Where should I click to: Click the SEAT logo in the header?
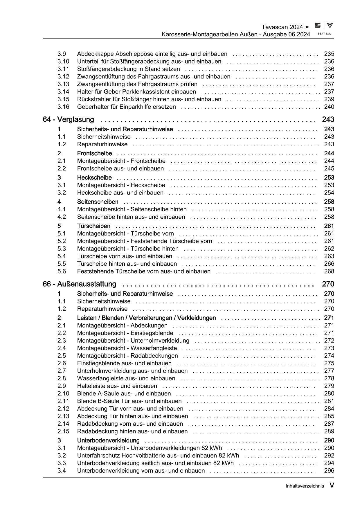[x=318, y=26]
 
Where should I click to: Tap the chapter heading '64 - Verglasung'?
[x=68, y=119]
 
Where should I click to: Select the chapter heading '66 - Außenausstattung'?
[x=79, y=284]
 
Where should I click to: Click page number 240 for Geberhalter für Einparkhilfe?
[x=329, y=107]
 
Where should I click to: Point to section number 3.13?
[x=63, y=84]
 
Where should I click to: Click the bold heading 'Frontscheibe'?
[x=94, y=153]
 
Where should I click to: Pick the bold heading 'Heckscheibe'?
[x=94, y=177]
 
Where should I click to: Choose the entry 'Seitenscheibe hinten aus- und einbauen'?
[x=131, y=217]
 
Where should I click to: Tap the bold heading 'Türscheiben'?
[x=93, y=226]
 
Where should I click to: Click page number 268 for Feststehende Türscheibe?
[x=329, y=271]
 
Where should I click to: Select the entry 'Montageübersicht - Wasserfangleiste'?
[x=127, y=348]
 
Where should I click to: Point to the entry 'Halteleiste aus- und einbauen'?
[x=117, y=386]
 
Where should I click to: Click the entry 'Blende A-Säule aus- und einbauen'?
[x=124, y=393]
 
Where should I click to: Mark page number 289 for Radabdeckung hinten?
[x=329, y=431]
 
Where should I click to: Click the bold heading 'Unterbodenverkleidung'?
[x=108, y=440]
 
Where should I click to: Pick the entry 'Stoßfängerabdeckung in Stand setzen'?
[x=128, y=69]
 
